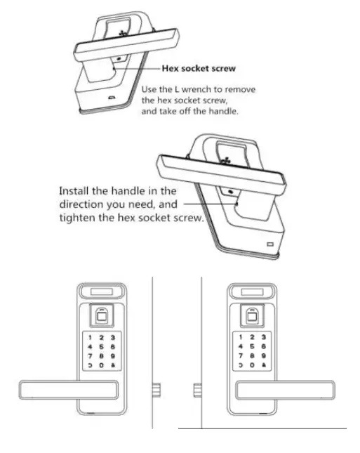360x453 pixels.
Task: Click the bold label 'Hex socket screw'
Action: point(199,69)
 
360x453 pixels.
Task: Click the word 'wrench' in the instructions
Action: point(198,89)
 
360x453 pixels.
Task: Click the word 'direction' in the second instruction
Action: point(82,204)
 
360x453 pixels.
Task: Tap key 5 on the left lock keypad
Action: point(102,346)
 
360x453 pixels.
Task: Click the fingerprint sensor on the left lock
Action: point(102,315)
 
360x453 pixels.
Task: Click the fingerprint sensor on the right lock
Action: point(253,315)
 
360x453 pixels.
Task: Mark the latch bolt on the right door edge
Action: point(198,389)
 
